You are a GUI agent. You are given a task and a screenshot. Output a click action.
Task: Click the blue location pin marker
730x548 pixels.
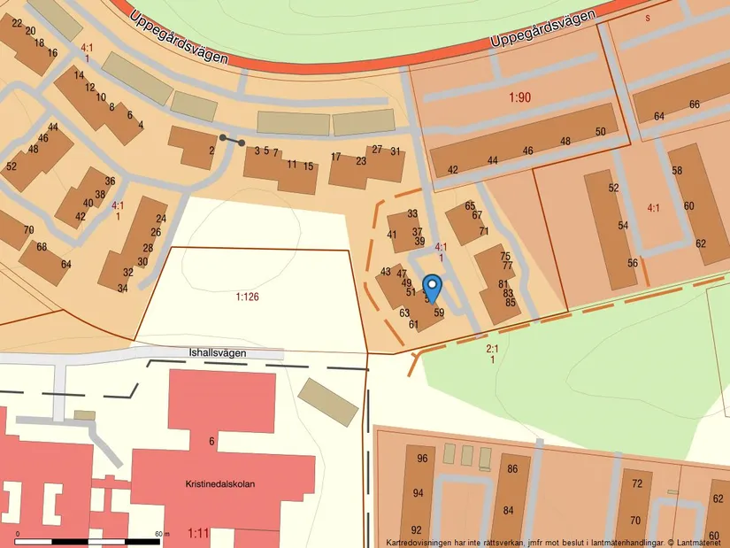[432, 287]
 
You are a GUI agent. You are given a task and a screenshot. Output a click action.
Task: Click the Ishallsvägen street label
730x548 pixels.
[218, 352]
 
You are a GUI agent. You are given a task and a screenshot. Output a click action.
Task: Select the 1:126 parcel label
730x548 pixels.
[247, 297]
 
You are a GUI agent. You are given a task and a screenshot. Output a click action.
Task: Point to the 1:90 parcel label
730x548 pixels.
[519, 97]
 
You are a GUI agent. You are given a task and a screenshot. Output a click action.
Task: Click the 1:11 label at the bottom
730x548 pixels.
[199, 534]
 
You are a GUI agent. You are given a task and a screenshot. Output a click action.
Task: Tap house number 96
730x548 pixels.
[422, 459]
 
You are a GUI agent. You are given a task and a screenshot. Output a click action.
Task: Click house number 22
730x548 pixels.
[17, 23]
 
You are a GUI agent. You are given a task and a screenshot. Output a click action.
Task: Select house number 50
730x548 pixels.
[601, 132]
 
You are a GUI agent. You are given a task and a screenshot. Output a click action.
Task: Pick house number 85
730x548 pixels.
[511, 303]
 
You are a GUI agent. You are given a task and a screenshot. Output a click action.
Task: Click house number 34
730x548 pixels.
[122, 288]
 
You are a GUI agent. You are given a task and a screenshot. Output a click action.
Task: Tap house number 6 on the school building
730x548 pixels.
[212, 441]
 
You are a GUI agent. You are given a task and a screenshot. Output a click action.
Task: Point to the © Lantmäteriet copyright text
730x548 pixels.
[697, 542]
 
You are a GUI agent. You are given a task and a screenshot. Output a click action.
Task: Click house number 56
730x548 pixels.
[633, 263]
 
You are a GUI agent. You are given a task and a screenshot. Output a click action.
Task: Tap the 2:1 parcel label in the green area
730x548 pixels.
[492, 349]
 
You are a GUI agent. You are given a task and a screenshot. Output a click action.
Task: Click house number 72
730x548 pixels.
[635, 483]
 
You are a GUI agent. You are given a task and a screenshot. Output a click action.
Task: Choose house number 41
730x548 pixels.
[392, 235]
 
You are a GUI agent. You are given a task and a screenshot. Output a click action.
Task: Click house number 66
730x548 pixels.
[695, 104]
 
